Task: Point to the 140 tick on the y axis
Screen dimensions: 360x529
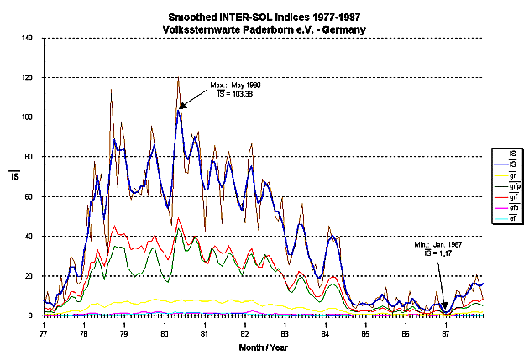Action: [27, 38]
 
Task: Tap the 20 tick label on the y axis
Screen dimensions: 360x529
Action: [29, 276]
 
